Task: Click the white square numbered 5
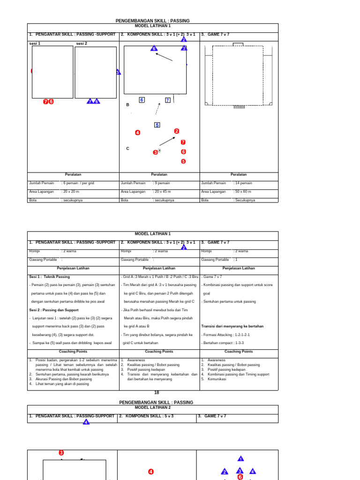point(157,125)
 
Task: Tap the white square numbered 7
point(167,100)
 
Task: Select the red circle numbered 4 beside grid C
point(137,133)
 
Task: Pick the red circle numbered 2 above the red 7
point(177,131)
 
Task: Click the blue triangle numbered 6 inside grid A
point(153,48)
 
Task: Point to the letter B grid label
point(127,105)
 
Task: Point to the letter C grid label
point(127,149)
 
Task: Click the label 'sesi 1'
point(35,44)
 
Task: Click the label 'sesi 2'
point(82,44)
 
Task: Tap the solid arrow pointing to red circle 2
point(167,141)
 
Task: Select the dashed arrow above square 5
point(157,109)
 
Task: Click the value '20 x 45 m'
point(162,191)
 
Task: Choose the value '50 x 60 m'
point(242,191)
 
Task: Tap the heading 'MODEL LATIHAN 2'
point(153,407)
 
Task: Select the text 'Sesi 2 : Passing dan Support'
point(54,310)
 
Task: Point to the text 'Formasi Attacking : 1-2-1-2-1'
point(226,335)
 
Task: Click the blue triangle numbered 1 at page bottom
point(240,459)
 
